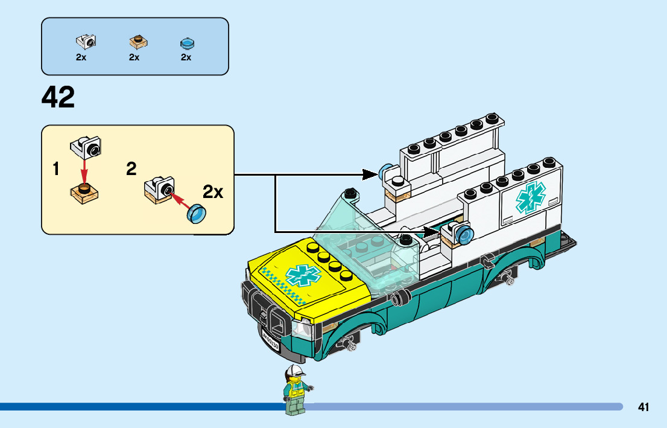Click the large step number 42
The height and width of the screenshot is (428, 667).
[x=58, y=97]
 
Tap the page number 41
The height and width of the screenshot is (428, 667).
[x=643, y=407]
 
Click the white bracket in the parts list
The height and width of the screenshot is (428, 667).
[x=86, y=42]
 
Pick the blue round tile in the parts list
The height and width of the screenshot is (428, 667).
[x=187, y=43]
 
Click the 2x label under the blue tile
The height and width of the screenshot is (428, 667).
[x=186, y=57]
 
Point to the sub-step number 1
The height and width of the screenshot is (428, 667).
[x=56, y=170]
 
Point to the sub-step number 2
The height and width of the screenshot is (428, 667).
[x=131, y=170]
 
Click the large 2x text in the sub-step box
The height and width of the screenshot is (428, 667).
[x=213, y=192]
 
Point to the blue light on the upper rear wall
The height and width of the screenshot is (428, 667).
[x=385, y=174]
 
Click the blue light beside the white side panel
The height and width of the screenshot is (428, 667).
[x=464, y=234]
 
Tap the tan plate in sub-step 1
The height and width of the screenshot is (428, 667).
[x=84, y=192]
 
